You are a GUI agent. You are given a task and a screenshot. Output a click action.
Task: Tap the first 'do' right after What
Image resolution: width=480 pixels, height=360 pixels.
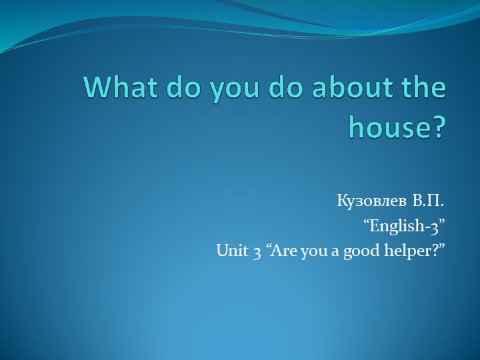(174, 88)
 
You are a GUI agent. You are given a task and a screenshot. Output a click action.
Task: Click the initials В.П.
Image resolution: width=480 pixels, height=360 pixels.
(429, 200)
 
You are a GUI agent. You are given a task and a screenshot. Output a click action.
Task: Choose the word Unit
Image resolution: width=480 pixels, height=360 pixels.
(230, 251)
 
